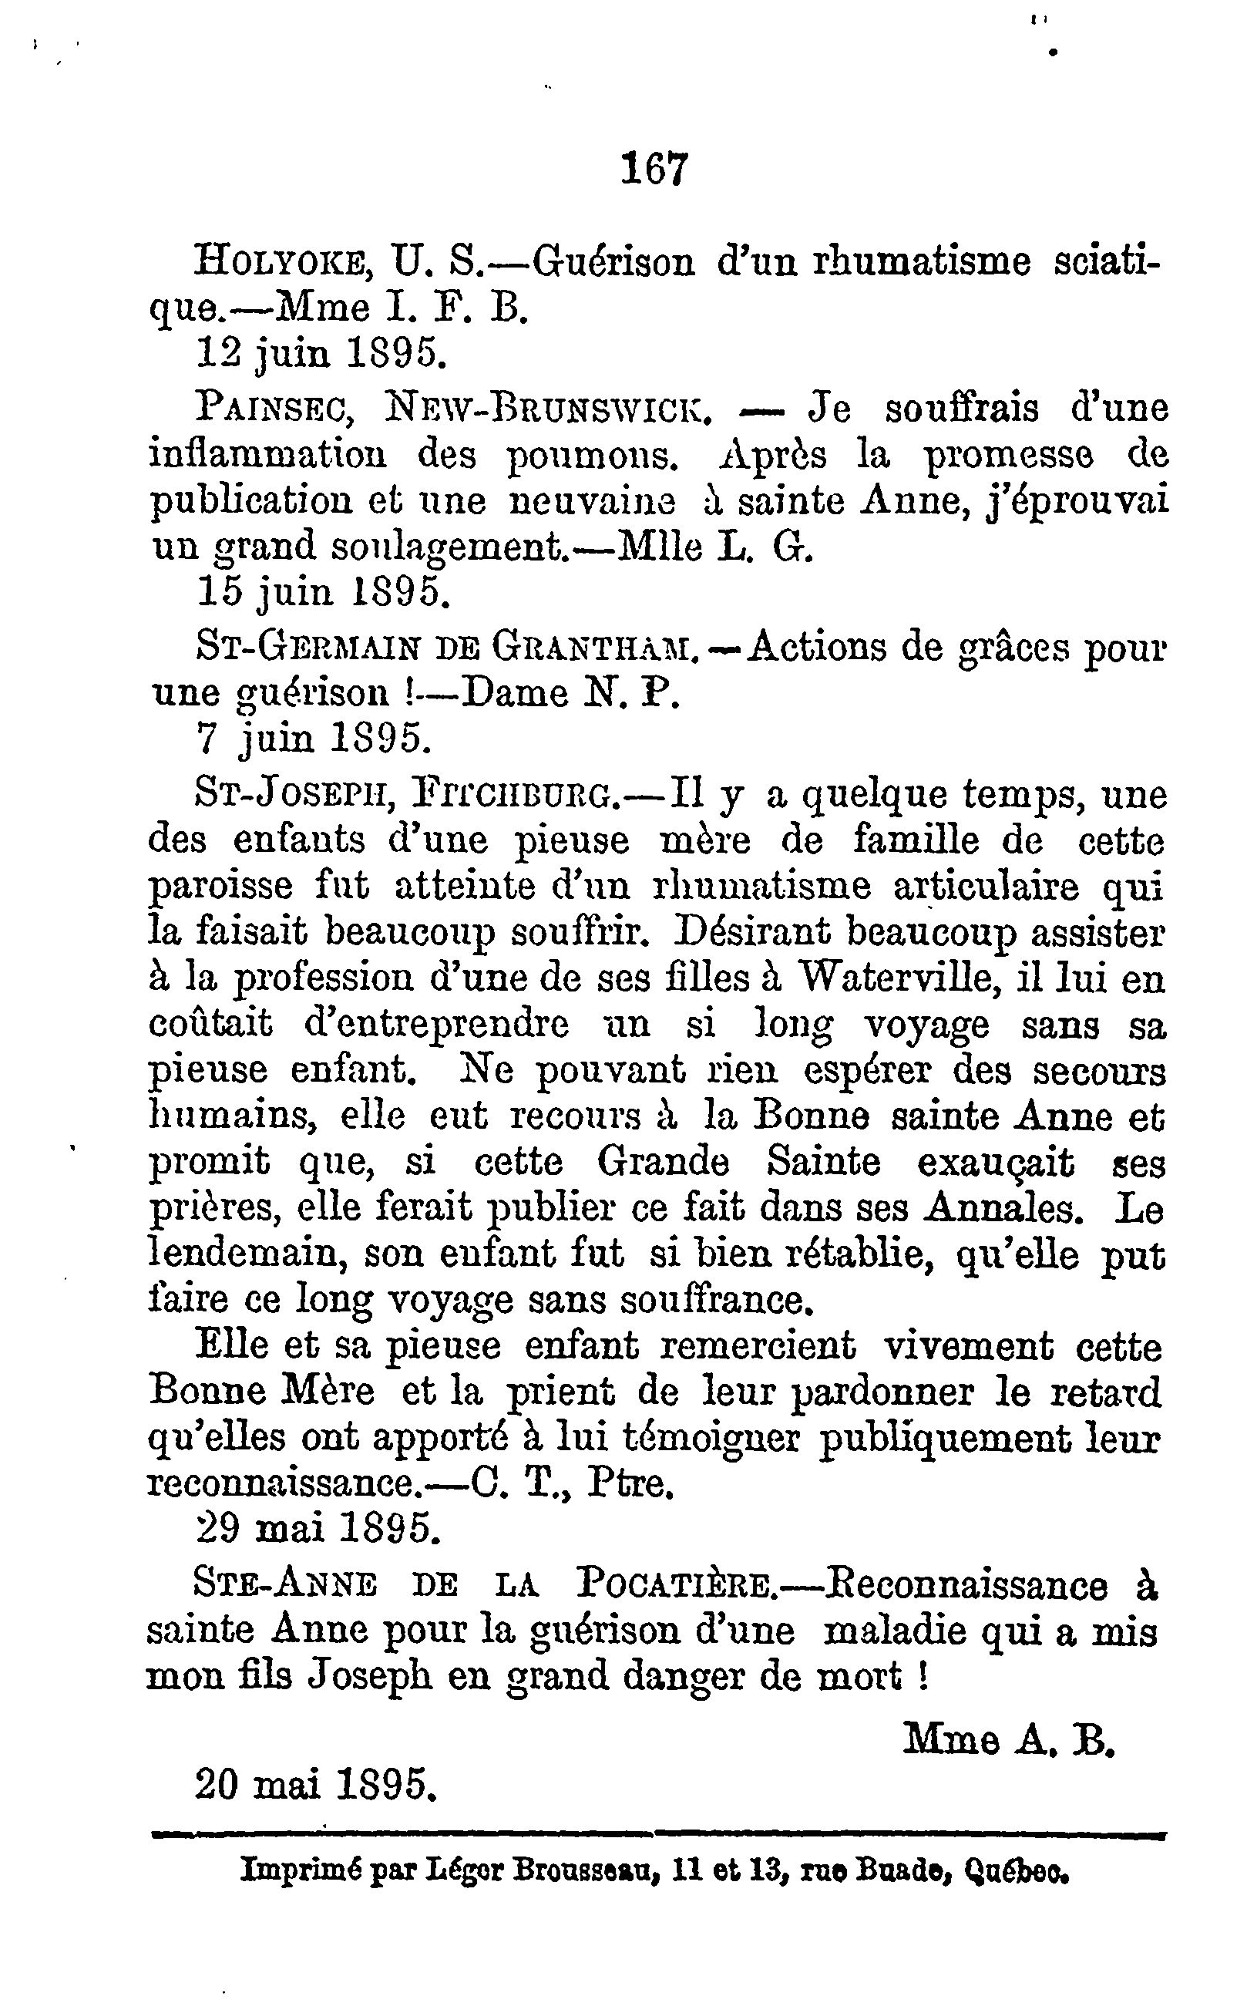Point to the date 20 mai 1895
[314, 1786]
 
